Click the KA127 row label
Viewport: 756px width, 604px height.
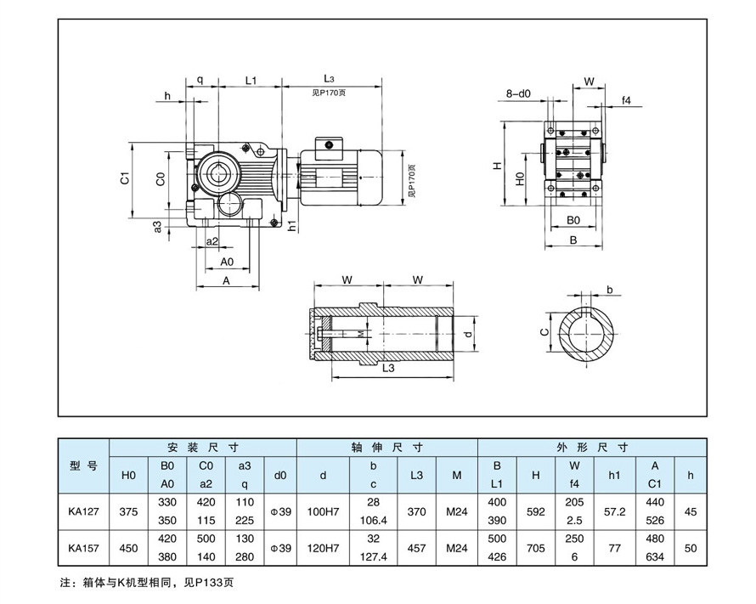82,512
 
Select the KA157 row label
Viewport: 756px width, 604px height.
82,549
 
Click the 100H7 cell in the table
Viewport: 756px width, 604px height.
323,512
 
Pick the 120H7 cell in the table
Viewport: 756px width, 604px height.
323,549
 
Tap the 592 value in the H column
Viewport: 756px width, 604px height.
535,512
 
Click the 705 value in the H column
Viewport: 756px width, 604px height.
535,549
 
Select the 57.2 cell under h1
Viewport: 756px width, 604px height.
615,512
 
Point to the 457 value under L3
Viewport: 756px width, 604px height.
416,549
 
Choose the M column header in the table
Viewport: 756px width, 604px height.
457,476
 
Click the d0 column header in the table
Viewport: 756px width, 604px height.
280,476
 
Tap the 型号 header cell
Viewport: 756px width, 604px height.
82,466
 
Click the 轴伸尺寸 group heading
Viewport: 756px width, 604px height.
386,447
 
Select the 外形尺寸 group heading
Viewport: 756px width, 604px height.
592,447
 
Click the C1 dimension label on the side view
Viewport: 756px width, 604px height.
124,178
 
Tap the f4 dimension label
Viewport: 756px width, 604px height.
626,100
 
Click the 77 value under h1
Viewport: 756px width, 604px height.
615,549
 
